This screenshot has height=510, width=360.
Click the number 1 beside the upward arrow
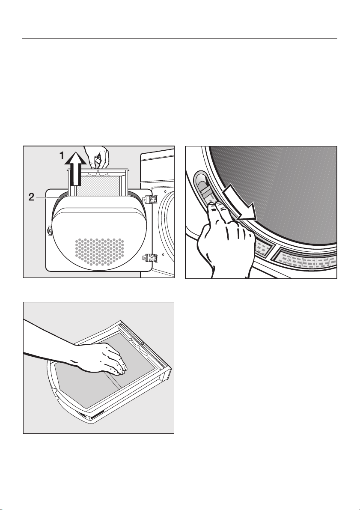pos(62,156)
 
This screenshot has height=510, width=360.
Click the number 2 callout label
pos(32,197)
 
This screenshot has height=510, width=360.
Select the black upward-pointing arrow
pos(75,169)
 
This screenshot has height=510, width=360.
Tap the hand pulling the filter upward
pos(97,158)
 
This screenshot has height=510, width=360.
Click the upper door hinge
pos(149,199)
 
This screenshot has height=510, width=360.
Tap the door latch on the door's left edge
pos(50,231)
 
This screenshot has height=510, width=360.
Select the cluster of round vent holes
pos(99,251)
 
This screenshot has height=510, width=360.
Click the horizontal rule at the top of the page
pos(179,39)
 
